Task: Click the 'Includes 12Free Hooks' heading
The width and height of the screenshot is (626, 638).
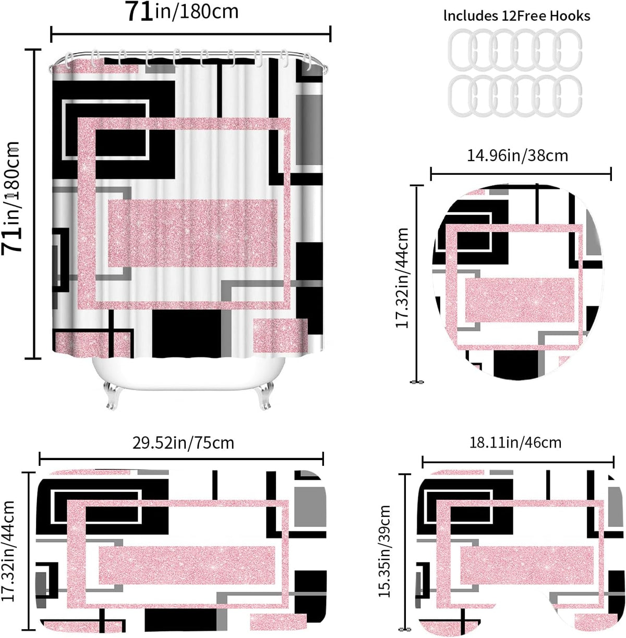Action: [x=516, y=16]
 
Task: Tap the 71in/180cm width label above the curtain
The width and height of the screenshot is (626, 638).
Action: [x=182, y=11]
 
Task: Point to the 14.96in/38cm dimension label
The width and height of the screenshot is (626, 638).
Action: [x=517, y=155]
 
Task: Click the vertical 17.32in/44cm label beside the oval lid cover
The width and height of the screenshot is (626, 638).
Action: [x=402, y=278]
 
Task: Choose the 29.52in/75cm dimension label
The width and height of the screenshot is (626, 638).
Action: [x=183, y=443]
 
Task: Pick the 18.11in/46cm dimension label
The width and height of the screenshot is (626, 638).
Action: [x=515, y=443]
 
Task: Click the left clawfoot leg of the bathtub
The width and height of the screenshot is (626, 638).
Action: [x=112, y=395]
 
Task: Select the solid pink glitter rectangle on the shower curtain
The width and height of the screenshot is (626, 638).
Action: [x=192, y=233]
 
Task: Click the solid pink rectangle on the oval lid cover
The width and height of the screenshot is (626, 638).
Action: [x=520, y=300]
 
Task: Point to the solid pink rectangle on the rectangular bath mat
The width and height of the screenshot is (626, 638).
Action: [x=187, y=565]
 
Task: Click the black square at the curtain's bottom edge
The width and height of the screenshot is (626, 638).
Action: [x=186, y=333]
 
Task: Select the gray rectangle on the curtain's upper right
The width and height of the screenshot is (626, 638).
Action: [x=309, y=130]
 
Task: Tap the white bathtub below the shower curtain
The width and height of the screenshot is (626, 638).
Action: [x=188, y=373]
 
